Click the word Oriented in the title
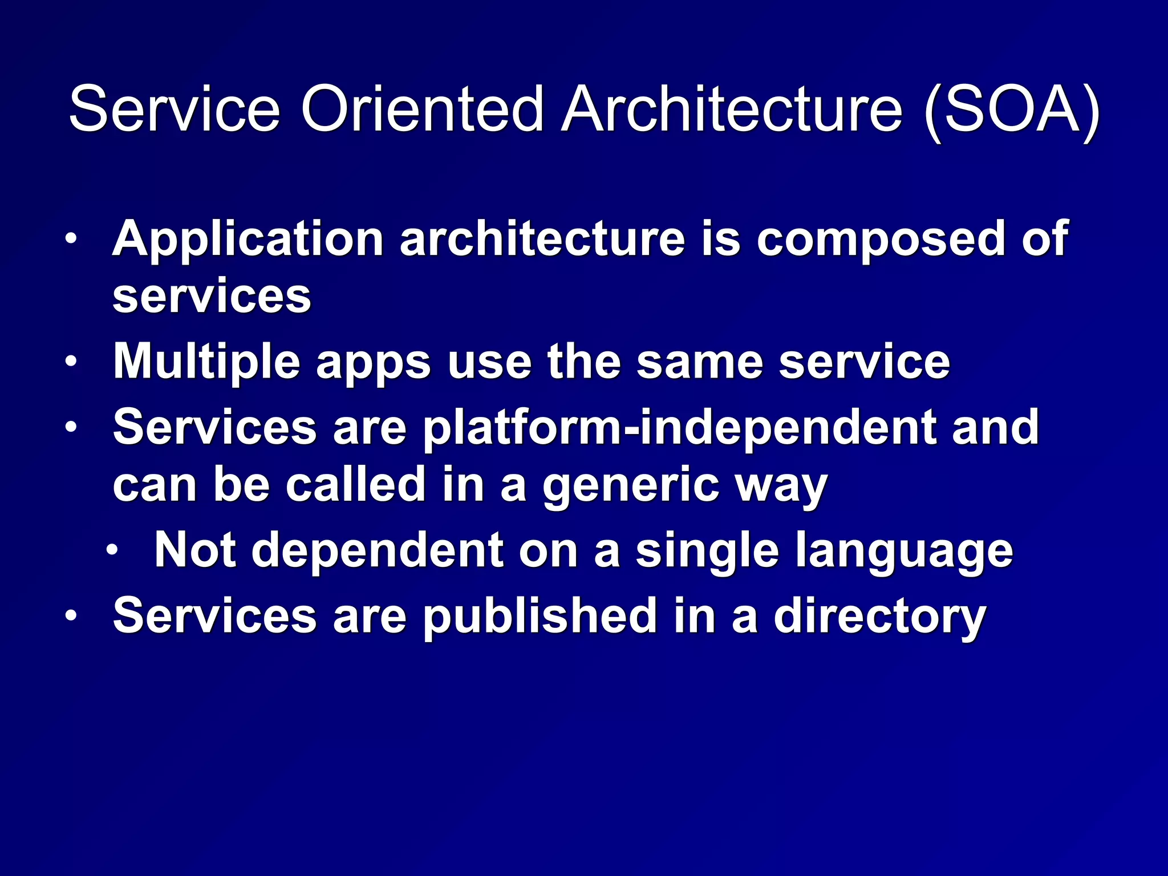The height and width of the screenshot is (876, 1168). [x=422, y=108]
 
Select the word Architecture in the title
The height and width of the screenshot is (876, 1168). [x=732, y=108]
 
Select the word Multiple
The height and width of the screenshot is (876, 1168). [x=206, y=363]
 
